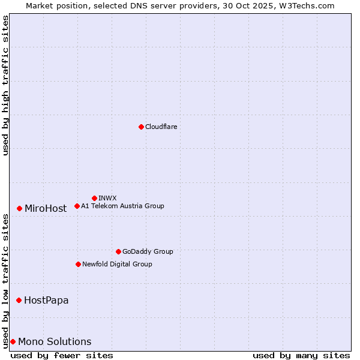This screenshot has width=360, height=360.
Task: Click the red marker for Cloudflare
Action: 141,127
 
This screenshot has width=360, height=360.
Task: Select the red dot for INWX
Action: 94,198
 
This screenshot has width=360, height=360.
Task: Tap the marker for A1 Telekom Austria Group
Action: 77,206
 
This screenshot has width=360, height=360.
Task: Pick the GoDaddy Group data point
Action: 118,251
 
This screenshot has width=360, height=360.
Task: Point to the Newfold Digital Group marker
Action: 78,264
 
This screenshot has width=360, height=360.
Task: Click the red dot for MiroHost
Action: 19,208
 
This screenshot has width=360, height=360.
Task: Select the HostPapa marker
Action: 19,300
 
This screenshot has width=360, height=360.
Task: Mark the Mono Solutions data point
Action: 13,341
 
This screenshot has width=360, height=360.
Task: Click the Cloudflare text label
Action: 161,127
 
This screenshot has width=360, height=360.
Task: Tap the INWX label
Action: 107,198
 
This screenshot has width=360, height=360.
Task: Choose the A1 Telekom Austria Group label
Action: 122,206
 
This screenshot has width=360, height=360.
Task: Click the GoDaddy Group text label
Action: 148,251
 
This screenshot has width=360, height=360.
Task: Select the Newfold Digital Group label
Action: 117,264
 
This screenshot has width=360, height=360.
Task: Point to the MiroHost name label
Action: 46,209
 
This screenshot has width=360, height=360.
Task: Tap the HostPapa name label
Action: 46,300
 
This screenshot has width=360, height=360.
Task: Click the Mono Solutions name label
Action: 55,342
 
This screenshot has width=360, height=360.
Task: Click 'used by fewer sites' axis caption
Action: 62,355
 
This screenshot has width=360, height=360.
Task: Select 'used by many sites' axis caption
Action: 301,355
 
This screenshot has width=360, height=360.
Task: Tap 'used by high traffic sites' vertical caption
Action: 5,85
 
